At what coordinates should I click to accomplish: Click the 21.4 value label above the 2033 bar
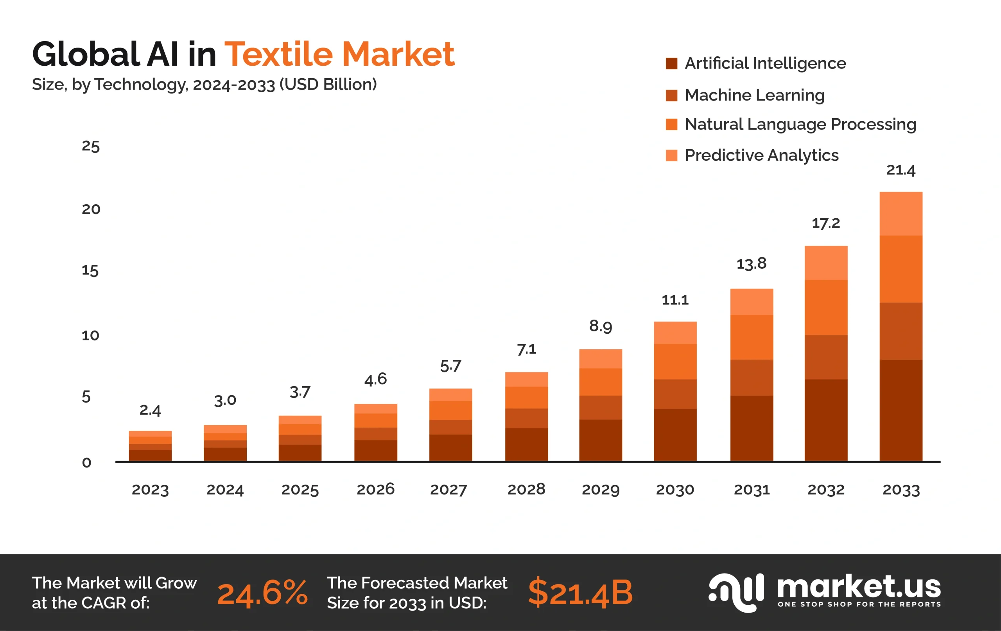[901, 170]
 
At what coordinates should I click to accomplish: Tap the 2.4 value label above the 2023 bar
[150, 410]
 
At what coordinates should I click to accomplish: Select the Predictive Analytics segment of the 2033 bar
[901, 214]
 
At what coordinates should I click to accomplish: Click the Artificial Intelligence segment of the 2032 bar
[825, 420]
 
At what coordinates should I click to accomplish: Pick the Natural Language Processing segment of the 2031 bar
[751, 337]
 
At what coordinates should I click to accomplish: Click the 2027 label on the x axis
[448, 489]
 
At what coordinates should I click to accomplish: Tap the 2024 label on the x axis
[225, 489]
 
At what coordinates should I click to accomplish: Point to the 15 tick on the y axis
[90, 271]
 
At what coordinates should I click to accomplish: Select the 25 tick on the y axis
[91, 146]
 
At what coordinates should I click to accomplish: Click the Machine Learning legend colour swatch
[671, 95]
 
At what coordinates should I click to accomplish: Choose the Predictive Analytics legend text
[761, 155]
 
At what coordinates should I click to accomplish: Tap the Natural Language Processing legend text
[800, 124]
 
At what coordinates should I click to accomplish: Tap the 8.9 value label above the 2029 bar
[600, 326]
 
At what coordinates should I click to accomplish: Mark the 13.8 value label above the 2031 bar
[751, 264]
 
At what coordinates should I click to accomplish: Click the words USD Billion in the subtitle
[328, 84]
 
